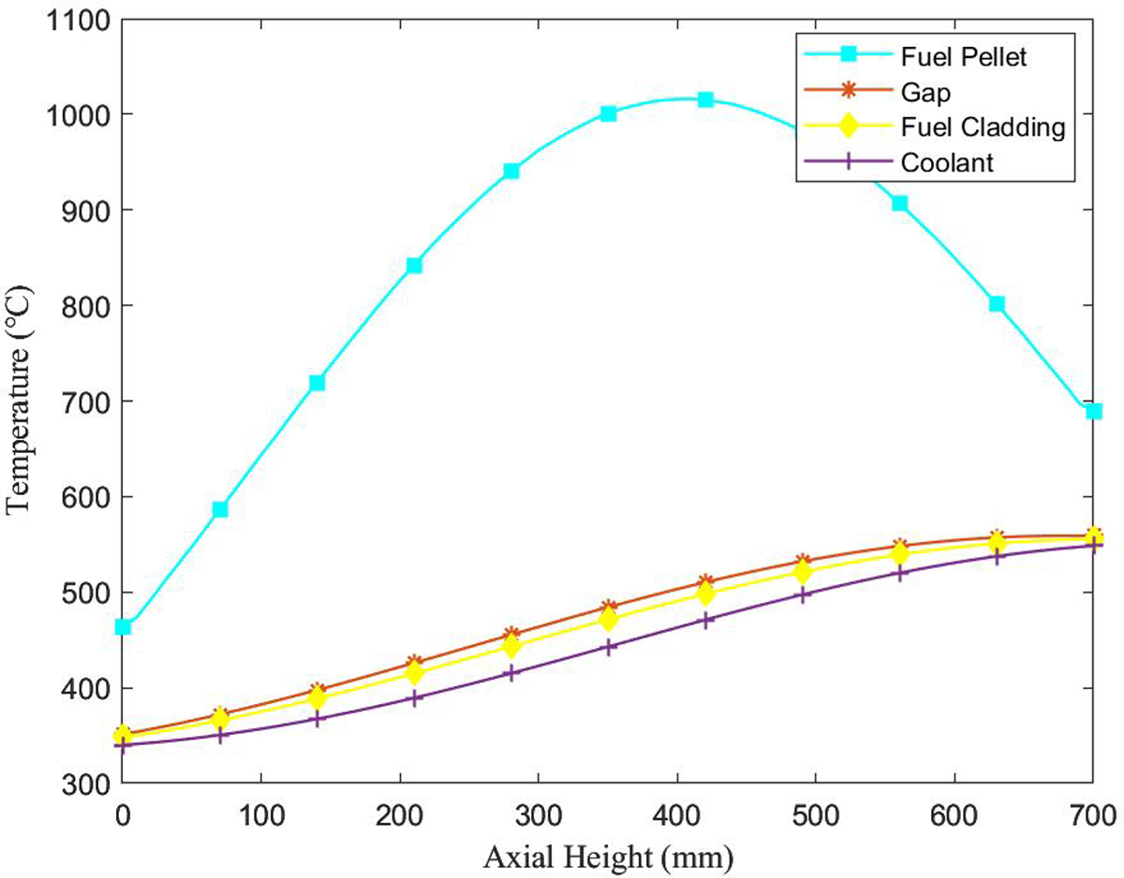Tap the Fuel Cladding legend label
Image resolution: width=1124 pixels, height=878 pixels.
coord(984,126)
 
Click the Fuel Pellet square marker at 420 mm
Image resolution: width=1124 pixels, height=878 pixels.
coord(705,99)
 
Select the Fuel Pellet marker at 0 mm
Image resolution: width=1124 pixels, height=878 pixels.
coord(123,626)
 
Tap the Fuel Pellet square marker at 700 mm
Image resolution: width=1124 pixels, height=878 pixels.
coord(1093,411)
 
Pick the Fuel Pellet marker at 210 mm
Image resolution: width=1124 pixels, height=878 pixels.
coord(414,266)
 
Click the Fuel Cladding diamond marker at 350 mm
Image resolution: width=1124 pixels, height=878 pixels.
coord(609,620)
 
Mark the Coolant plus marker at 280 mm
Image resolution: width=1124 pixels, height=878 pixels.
coord(511,673)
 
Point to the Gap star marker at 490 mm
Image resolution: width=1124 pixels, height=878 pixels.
coord(803,562)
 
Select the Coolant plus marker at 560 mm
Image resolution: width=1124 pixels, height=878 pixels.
coord(900,573)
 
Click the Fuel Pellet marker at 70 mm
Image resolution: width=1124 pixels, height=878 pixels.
coord(220,509)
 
